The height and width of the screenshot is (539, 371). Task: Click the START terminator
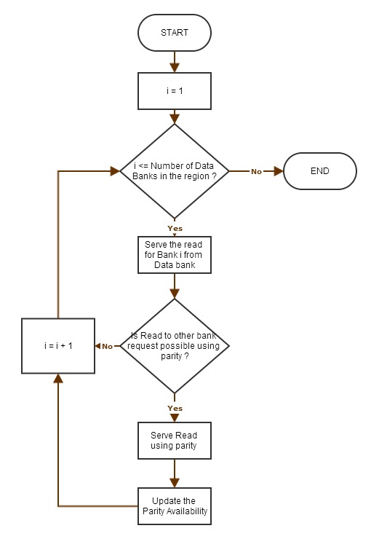(175, 33)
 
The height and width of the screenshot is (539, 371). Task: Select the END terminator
(319, 171)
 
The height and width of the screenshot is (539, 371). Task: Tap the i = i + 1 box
(58, 345)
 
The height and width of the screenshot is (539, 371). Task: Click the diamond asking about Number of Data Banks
(175, 171)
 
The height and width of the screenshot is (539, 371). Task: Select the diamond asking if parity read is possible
(175, 345)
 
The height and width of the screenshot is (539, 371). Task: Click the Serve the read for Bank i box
(175, 254)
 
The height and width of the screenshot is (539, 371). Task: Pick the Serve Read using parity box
(175, 440)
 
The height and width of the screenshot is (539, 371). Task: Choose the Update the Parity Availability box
(175, 506)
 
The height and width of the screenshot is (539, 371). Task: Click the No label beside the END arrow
(256, 171)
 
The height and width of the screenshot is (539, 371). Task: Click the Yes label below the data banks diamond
(175, 228)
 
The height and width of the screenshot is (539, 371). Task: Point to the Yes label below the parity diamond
(175, 408)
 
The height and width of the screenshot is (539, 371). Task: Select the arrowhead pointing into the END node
(278, 171)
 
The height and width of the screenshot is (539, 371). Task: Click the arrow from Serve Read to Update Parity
(175, 473)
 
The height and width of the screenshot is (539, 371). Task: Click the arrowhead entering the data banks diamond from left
(115, 171)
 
